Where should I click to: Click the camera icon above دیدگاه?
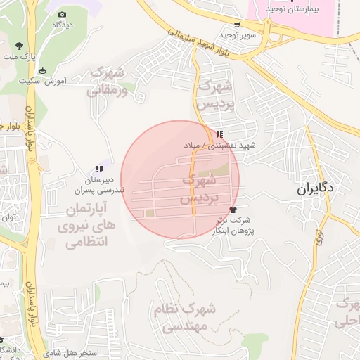pyautogui.click(x=63, y=14)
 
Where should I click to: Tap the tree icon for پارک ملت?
pyautogui.click(x=18, y=46)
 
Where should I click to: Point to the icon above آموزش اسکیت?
pyautogui.click(x=43, y=70)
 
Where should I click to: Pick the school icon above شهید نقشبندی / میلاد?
pyautogui.click(x=220, y=134)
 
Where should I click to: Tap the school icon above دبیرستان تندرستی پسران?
pyautogui.click(x=99, y=169)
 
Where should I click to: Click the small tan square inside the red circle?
pyautogui.click(x=149, y=213)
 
